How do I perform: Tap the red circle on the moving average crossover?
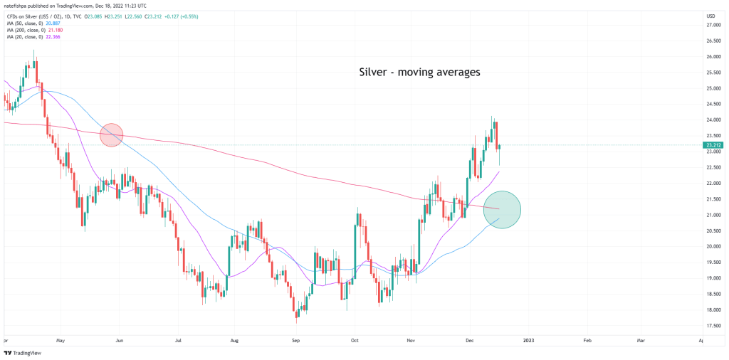coord(112,134)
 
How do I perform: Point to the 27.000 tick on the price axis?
coord(711,26)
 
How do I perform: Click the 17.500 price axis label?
coord(711,326)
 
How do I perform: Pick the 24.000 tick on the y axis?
coord(711,120)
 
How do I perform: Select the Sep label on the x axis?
coord(295,341)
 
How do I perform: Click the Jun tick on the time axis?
coord(119,341)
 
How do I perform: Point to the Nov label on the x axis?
coord(411,341)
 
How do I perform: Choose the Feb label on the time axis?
coord(587,341)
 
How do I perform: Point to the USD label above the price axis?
coord(710,16)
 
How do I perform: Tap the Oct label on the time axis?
coord(354,341)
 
